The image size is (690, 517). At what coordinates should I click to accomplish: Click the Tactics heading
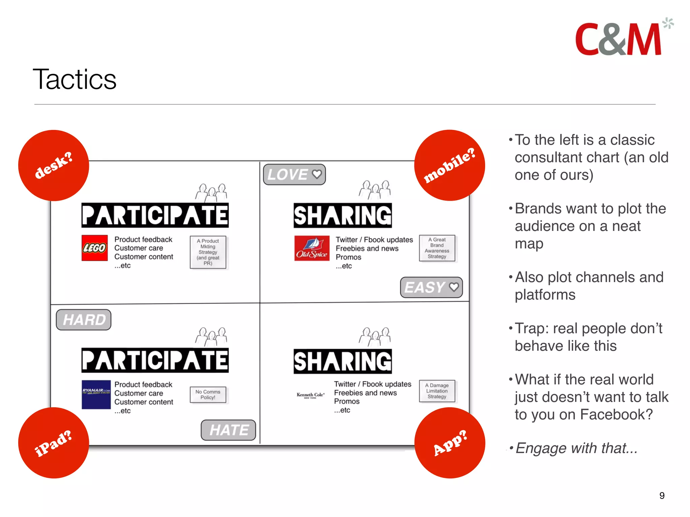coord(74,79)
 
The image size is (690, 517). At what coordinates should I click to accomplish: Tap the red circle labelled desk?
coord(54,165)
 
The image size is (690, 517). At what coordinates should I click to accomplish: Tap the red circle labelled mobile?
coord(449,165)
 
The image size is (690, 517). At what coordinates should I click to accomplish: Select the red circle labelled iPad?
coord(54,443)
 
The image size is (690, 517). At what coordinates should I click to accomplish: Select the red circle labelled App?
coord(449,443)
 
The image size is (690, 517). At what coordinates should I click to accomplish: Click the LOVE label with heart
coord(294,174)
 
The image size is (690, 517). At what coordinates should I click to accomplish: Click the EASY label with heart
coord(431,287)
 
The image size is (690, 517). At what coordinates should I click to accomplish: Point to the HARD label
coord(84,319)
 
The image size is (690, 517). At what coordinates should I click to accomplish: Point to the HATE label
coord(228,430)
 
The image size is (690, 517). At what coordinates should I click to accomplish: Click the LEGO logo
coord(95,248)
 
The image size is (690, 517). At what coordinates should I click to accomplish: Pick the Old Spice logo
coord(312,248)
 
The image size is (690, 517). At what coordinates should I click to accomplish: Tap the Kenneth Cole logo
coord(310,395)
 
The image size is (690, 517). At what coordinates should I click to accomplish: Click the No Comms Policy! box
coord(208,394)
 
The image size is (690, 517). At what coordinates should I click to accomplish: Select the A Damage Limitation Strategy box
coord(437,391)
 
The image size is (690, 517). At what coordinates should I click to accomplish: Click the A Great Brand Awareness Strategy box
coord(437,248)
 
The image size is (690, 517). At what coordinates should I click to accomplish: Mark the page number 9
coord(662,495)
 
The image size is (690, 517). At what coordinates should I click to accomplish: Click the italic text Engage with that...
coord(576,448)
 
